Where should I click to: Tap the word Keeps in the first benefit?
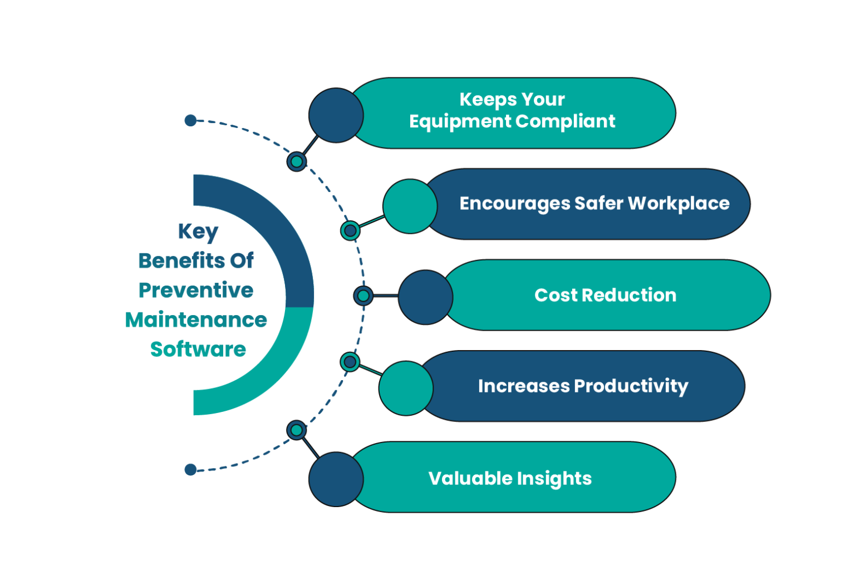480,100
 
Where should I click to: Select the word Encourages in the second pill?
514,204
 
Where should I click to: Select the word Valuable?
470,478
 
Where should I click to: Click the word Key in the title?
198,232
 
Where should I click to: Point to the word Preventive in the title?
196,290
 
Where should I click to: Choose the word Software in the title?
198,349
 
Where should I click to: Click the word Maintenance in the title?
196,320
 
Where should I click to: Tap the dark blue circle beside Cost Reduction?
425,297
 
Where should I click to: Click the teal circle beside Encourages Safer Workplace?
410,206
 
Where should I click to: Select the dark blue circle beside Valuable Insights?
336,479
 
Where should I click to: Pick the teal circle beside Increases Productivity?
406,388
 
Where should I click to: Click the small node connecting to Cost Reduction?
363,296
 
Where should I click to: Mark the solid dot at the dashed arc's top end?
190,120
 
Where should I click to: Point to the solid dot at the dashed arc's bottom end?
190,470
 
